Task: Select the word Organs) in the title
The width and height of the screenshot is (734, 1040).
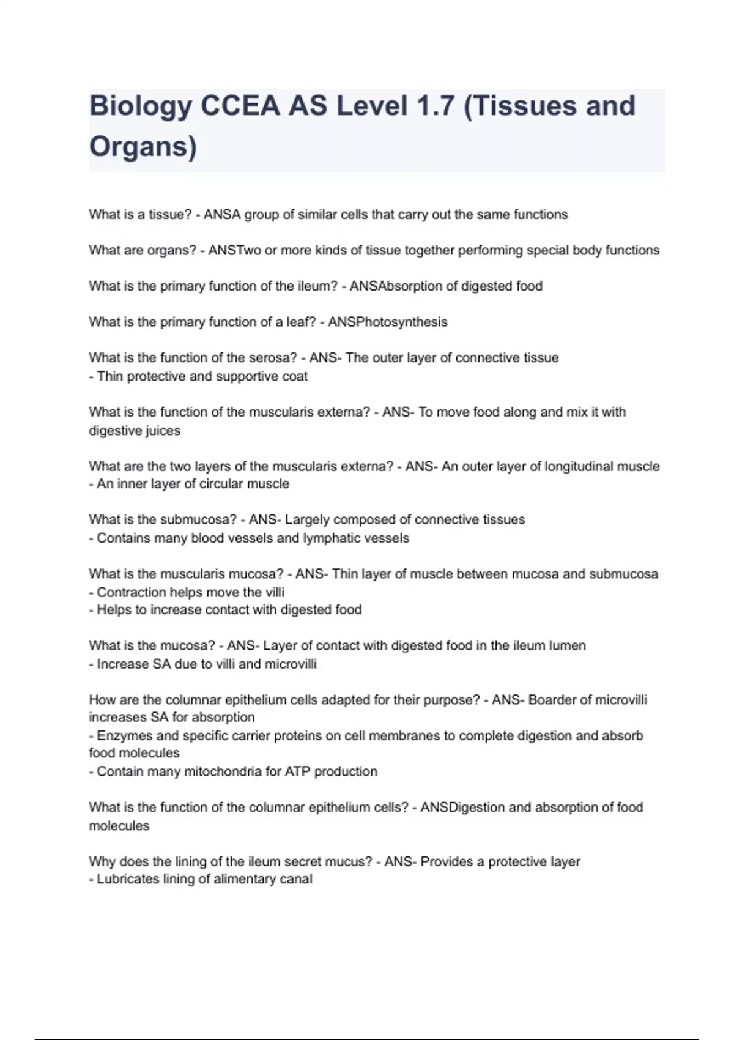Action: click(143, 147)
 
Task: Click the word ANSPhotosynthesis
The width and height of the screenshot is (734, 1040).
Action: click(387, 322)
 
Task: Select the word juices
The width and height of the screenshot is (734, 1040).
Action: click(162, 431)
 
